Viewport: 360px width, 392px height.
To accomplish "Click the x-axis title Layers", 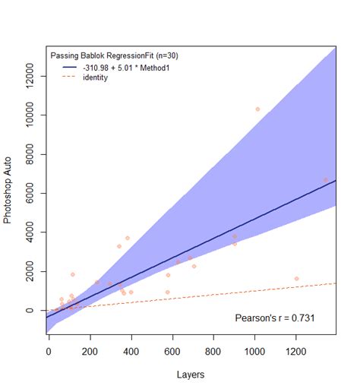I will (x=191, y=375).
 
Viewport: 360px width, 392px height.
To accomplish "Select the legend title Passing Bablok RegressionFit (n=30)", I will (x=114, y=55).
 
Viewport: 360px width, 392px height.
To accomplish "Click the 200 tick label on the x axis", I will (x=90, y=352).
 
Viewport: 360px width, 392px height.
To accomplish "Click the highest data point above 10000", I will (x=257, y=109).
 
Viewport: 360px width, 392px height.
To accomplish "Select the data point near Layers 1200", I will (x=296, y=279).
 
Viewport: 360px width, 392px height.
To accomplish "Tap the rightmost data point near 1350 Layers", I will (x=326, y=180).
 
